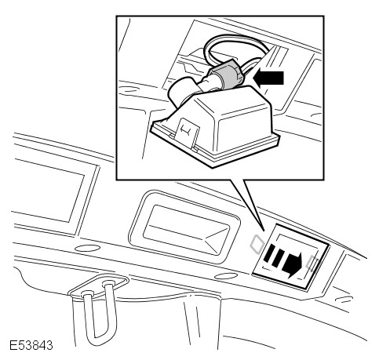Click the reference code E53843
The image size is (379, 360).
pyautogui.click(x=31, y=345)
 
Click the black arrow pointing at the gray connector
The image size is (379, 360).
pyautogui.click(x=268, y=78)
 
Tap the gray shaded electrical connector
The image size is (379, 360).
pyautogui.click(x=226, y=74)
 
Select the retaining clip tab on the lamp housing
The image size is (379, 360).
pyautogui.click(x=188, y=134)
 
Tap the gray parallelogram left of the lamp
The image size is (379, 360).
pyautogui.click(x=257, y=244)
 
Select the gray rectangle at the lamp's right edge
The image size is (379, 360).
pyautogui.click(x=312, y=263)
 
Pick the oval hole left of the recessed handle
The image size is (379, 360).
pyautogui.click(x=87, y=248)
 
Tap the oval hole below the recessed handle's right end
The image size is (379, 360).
pyautogui.click(x=226, y=276)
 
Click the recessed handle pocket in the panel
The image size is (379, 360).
pyautogui.click(x=184, y=227)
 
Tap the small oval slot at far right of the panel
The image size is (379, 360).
pyautogui.click(x=344, y=299)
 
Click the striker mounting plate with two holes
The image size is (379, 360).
pyautogui.click(x=99, y=286)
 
